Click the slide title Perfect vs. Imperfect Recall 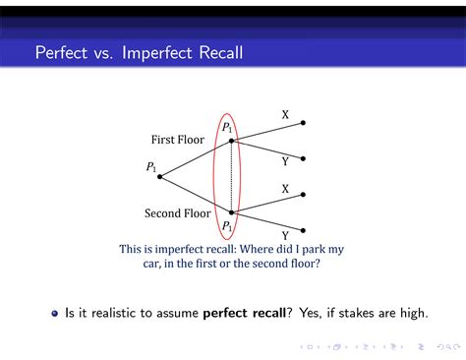pos(138,51)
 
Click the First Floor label pos(178,140)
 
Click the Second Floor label pos(178,212)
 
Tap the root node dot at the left pos(160,177)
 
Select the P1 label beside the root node pos(151,167)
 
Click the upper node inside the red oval pos(232,141)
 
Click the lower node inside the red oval pos(232,212)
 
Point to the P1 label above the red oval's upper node pos(227,127)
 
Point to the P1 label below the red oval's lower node pos(227,227)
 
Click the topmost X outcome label pos(285,114)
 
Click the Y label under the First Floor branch pos(285,161)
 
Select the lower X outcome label pos(285,188)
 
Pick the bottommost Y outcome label pos(285,236)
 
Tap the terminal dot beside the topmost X pos(303,123)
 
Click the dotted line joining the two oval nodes pos(232,177)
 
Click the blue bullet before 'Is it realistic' pos(55,314)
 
